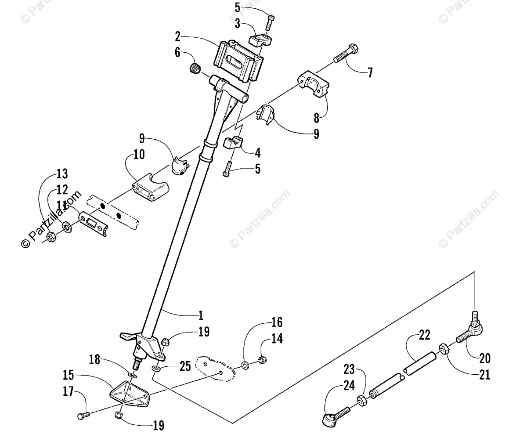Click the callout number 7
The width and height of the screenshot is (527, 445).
[x=370, y=72]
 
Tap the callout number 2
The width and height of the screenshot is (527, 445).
[x=178, y=36]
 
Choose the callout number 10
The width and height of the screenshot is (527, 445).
[x=138, y=155]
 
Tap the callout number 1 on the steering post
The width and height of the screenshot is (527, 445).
[x=200, y=315]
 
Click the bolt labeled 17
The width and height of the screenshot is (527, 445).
[x=83, y=414]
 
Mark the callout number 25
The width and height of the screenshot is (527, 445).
[x=184, y=365]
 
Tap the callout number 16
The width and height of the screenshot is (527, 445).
[x=277, y=322]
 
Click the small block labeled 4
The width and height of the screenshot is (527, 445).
[x=233, y=143]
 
